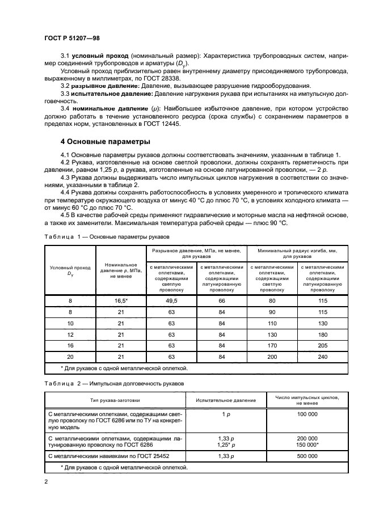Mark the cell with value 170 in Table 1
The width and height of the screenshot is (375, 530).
271,345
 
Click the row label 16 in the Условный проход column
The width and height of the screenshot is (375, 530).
70,345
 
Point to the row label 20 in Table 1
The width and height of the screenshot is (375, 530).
70,356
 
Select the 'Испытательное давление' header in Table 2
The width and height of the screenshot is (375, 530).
226,400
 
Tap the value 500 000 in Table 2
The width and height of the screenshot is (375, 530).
307,455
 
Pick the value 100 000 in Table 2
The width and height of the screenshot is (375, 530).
307,414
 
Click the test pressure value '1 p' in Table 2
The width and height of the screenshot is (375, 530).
226,414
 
